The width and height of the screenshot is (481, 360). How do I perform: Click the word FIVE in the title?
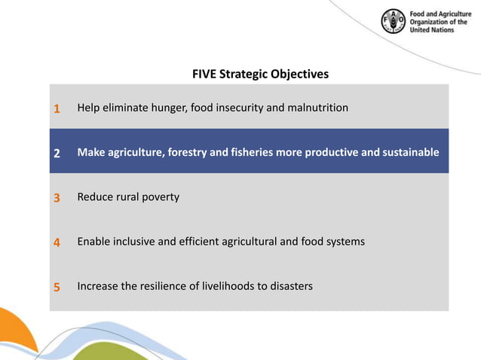[x=205, y=75]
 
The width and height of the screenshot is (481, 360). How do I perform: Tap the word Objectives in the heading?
[x=300, y=75]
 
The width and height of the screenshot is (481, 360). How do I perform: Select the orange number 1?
[x=57, y=108]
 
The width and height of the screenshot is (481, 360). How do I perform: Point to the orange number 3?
[x=57, y=198]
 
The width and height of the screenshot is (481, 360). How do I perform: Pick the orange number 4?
[x=57, y=243]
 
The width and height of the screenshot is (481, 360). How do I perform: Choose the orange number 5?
[x=57, y=287]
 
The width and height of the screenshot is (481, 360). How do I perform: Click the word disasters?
[x=289, y=286]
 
